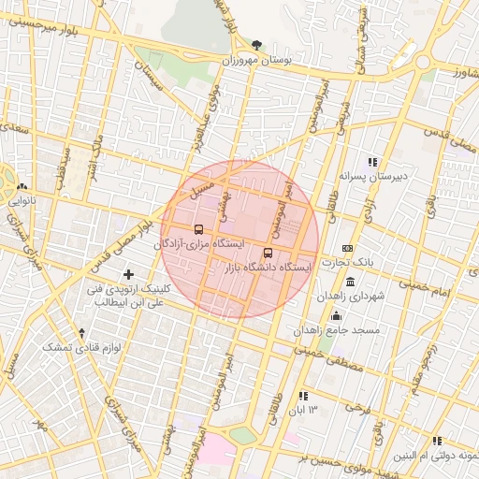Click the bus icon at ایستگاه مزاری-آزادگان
(x=197, y=228)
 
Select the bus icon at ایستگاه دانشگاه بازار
(x=269, y=253)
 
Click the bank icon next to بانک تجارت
(x=348, y=248)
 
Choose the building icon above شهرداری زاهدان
(x=350, y=282)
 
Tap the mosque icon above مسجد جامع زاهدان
(x=336, y=315)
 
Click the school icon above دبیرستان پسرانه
(x=372, y=161)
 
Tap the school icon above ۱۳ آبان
(x=303, y=396)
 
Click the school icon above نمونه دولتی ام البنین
(x=436, y=441)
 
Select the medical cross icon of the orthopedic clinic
(x=129, y=274)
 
